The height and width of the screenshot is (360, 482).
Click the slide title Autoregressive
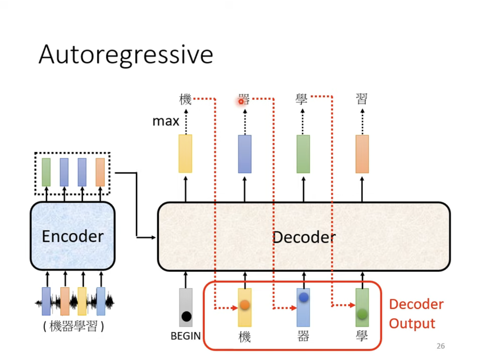click(126, 55)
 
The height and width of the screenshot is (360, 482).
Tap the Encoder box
click(73, 236)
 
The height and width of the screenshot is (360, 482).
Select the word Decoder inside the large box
click(304, 237)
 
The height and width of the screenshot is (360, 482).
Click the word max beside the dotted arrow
click(166, 121)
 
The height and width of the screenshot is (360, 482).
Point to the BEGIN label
click(185, 336)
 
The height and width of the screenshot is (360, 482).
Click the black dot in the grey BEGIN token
click(186, 316)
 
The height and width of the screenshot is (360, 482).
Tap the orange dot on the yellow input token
click(245, 305)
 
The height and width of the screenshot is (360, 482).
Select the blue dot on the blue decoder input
click(304, 297)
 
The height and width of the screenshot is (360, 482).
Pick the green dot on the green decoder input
click(362, 314)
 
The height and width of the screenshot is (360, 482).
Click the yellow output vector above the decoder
click(185, 154)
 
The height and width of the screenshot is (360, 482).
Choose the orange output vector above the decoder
click(362, 154)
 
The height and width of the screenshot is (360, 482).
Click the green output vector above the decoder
click(303, 154)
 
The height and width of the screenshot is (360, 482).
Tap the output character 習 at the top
click(362, 99)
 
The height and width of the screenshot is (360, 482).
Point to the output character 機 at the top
click(185, 99)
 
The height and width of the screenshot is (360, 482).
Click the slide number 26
click(440, 346)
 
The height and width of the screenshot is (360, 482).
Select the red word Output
click(412, 324)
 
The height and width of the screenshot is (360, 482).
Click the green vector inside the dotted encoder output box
click(46, 172)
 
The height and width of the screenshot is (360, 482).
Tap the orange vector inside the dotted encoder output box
click(100, 172)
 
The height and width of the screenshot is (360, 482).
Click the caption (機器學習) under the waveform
click(73, 326)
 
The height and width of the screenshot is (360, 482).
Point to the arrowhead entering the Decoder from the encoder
click(154, 238)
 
